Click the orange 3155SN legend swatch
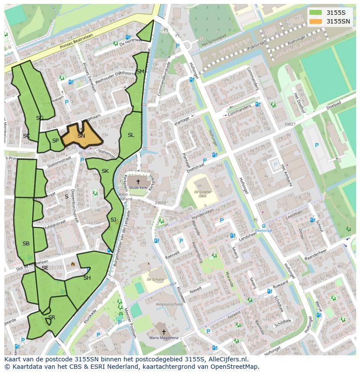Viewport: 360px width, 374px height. pos(316,21)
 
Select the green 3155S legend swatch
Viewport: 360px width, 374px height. pos(316,12)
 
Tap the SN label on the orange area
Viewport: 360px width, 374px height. pos(81,136)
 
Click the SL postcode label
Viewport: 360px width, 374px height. pos(131,135)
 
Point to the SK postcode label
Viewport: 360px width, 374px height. pos(105,171)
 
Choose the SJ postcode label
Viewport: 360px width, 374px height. pos(113,219)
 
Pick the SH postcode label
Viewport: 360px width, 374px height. pos(87,278)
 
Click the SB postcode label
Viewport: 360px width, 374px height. pos(26,244)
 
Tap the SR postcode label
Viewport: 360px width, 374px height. pos(52,318)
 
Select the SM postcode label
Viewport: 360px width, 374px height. pos(140,72)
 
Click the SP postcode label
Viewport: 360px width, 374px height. pos(55,141)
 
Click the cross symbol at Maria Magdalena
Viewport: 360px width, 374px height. pos(164,331)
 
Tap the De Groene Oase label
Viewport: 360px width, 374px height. pos(203,194)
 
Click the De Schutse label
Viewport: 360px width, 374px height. pos(155,279)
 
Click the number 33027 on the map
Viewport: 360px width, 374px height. pos(290,124)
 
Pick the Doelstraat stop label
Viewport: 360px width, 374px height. pos(263,231)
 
